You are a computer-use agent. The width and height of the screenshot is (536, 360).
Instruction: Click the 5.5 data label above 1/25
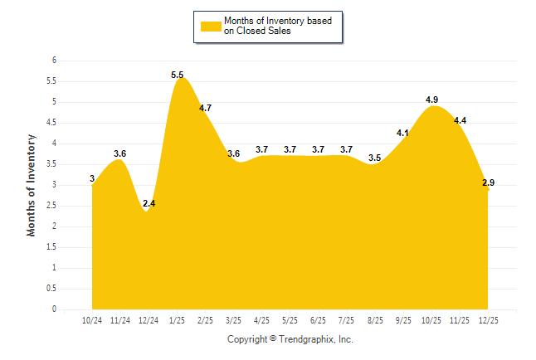coord(178,75)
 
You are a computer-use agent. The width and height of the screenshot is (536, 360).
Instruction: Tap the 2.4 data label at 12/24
coord(149,203)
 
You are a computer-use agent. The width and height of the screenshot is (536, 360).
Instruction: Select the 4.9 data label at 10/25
coord(431,100)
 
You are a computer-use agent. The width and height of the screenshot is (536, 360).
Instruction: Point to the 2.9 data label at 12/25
coord(489,182)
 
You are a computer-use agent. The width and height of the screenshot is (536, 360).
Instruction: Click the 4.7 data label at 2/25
coord(206,108)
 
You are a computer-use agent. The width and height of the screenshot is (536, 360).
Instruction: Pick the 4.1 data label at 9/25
coord(403,133)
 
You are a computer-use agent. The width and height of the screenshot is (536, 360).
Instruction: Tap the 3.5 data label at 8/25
coord(375,158)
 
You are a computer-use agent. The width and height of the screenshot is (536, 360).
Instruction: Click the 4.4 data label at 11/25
coord(460,120)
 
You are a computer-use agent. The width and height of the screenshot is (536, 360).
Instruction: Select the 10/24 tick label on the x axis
coord(92,319)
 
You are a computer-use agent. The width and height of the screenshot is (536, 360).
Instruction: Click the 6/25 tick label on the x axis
coord(318,319)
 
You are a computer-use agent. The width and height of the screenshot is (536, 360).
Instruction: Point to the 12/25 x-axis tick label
coord(488,319)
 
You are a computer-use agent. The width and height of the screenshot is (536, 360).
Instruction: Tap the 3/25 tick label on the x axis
coord(233,319)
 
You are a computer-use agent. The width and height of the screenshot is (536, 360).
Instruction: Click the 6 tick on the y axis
coord(54,61)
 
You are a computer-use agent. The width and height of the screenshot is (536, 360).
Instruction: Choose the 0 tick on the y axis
coord(54,309)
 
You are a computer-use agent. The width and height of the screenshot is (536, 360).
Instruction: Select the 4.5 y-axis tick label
coord(51,123)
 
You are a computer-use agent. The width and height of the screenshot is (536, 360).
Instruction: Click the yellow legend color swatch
coord(211,26)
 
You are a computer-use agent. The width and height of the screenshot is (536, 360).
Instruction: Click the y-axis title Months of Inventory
coord(32,185)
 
